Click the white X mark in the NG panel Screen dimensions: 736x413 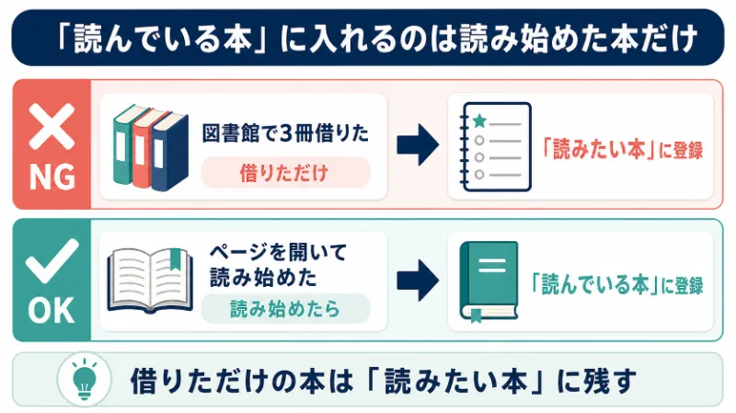pyautogui.click(x=52, y=126)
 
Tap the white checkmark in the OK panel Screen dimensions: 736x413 pyautogui.click(x=52, y=261)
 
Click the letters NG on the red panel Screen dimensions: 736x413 pyautogui.click(x=52, y=177)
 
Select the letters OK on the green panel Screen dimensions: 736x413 pyautogui.click(x=52, y=310)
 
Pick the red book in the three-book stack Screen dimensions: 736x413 pyautogui.click(x=144, y=149)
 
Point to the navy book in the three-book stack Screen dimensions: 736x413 pyautogui.click(x=169, y=152)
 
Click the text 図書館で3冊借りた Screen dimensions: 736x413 pyautogui.click(x=285, y=133)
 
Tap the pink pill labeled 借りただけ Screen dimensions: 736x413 pyautogui.click(x=285, y=173)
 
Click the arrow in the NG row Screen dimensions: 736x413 pyautogui.click(x=418, y=145)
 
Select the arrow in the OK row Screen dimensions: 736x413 pyautogui.click(x=418, y=281)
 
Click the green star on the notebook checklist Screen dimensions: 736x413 pyautogui.click(x=479, y=121)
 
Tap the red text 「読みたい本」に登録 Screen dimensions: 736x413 pyautogui.click(x=624, y=150)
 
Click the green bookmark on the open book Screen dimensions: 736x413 pyautogui.click(x=175, y=259)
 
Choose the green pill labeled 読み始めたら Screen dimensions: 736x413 pyautogui.click(x=285, y=309)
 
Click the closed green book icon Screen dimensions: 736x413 pyautogui.click(x=489, y=281)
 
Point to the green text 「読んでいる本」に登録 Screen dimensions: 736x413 pyautogui.click(x=617, y=285)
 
